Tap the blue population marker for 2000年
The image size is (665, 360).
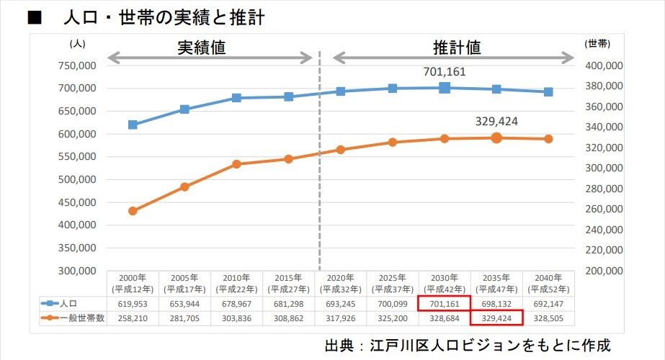(133, 125)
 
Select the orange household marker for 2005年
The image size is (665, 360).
(184, 186)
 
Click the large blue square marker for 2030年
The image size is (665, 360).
(445, 88)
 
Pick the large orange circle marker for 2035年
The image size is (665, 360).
(496, 138)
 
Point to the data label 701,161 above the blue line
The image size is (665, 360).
(445, 72)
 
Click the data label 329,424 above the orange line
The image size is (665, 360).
(496, 121)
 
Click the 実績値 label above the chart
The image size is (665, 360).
(202, 48)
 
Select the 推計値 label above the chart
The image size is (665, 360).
(457, 48)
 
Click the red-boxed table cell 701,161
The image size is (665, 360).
(445, 305)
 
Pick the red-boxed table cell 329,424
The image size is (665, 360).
(496, 318)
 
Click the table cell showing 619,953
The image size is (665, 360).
(133, 305)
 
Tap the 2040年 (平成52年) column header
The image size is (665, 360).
(548, 283)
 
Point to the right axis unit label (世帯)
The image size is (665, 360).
(597, 43)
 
